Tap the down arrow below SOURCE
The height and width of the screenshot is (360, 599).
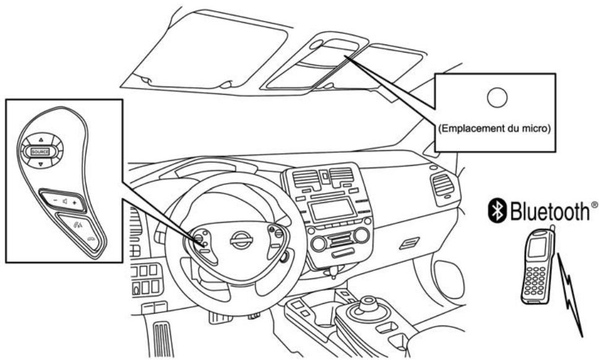[x=40, y=165]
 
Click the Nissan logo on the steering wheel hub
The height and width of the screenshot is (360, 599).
[x=241, y=240]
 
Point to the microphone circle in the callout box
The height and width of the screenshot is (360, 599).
[x=498, y=96]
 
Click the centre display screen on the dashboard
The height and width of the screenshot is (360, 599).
[x=332, y=209]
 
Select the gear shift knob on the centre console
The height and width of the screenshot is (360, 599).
[x=369, y=303]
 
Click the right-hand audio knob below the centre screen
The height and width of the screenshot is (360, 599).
[x=361, y=235]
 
